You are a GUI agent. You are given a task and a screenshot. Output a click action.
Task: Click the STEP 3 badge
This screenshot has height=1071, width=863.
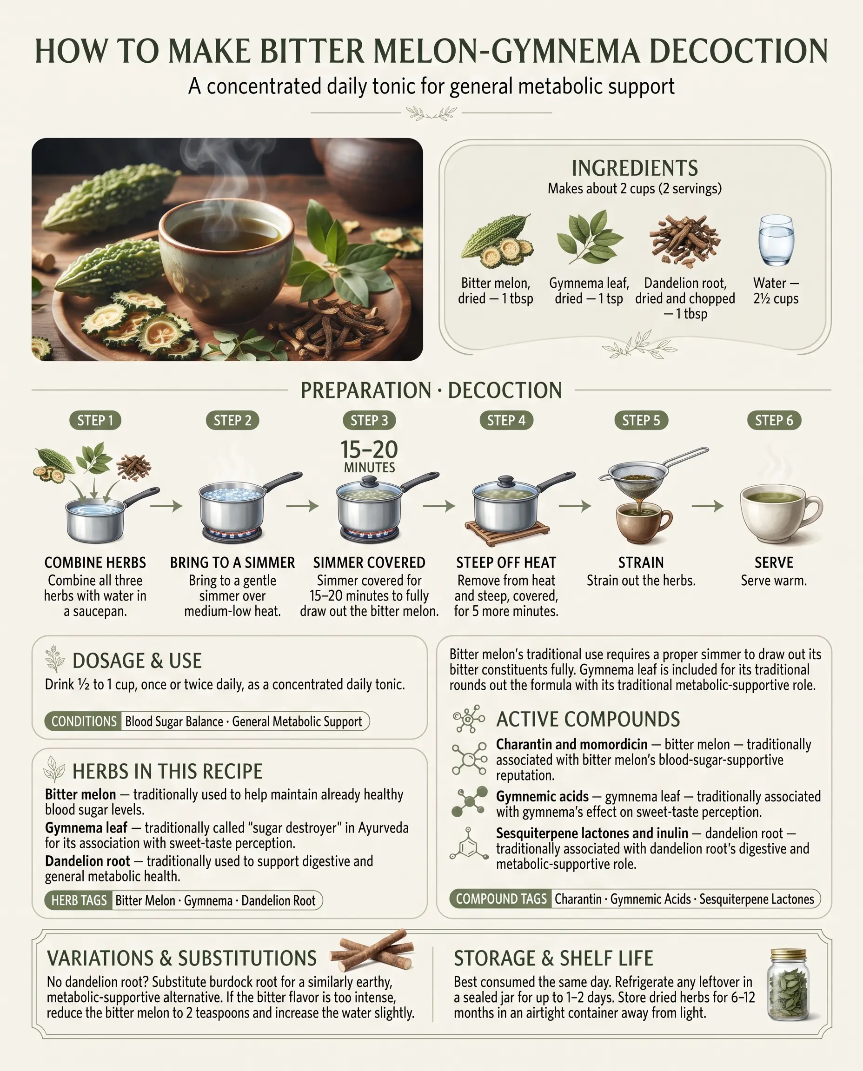point(369,420)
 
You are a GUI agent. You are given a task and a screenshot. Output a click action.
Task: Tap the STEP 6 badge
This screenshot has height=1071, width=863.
point(774,420)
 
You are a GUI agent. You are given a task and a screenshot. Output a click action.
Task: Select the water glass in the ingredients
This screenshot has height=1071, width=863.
point(776,240)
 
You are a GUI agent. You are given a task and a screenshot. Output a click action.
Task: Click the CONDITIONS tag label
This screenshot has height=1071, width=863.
point(84,721)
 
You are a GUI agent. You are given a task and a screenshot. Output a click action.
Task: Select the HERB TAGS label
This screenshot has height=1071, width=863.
point(79,900)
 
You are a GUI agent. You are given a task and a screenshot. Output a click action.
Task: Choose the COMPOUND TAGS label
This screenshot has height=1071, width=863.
point(501,899)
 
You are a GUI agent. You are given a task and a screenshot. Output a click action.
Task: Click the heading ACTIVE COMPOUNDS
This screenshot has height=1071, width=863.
point(588,719)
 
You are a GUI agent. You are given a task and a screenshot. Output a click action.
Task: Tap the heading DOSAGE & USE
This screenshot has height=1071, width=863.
point(137,661)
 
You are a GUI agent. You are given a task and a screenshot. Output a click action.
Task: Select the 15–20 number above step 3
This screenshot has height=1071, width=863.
point(369,450)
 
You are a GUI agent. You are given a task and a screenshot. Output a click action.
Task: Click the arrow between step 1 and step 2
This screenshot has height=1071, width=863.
point(166,506)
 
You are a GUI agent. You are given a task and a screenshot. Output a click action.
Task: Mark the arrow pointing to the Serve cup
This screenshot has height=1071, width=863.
point(708,506)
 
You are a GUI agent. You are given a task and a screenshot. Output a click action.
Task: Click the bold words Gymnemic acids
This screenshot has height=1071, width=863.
point(542,797)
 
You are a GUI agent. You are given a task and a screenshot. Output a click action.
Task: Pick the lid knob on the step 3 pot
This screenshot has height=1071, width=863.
point(369,481)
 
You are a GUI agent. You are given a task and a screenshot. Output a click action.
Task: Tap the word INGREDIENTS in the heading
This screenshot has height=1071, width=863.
point(635,168)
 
